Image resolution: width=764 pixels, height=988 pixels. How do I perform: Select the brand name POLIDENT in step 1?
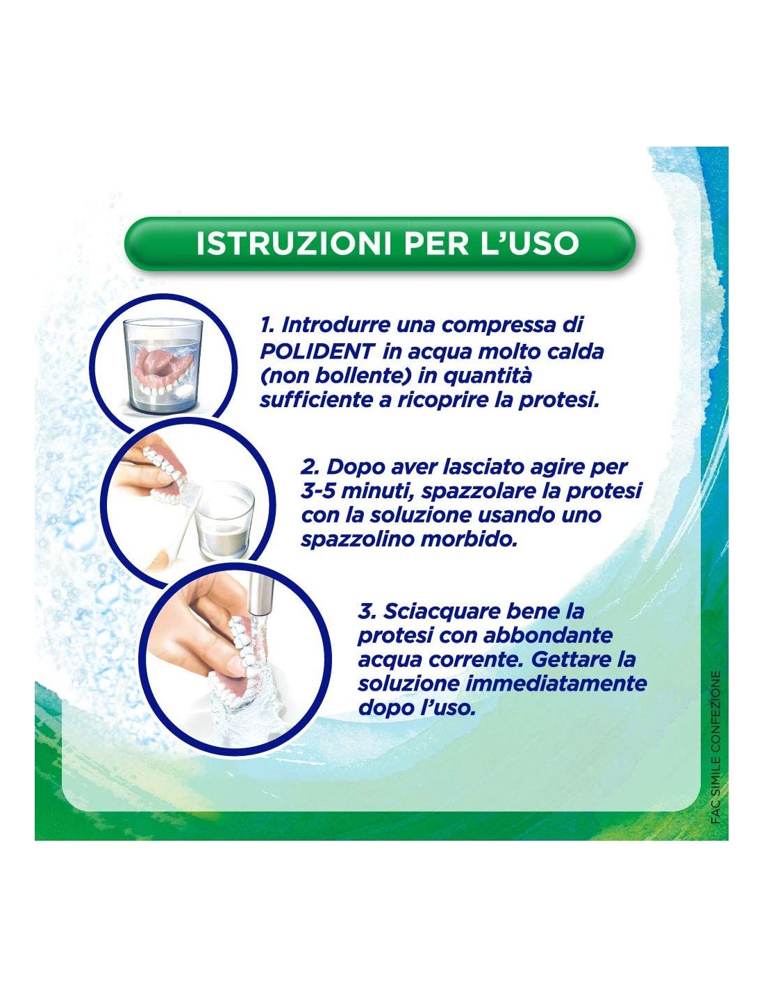pyautogui.click(x=317, y=352)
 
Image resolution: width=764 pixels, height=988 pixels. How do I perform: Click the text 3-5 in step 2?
pyautogui.click(x=317, y=491)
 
